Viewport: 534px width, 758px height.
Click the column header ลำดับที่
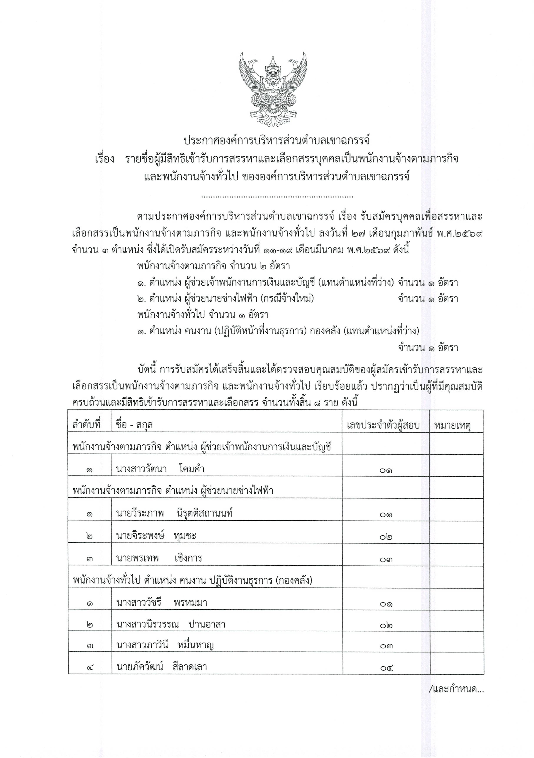[86, 424]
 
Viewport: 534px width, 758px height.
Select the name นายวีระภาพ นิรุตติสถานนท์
[175, 513]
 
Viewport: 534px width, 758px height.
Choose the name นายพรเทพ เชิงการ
[159, 558]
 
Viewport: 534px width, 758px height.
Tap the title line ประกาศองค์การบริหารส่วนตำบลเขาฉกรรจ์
[277, 141]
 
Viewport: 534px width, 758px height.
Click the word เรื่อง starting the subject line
[105, 159]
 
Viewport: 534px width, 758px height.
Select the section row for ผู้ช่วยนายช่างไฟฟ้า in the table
[173, 491]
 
